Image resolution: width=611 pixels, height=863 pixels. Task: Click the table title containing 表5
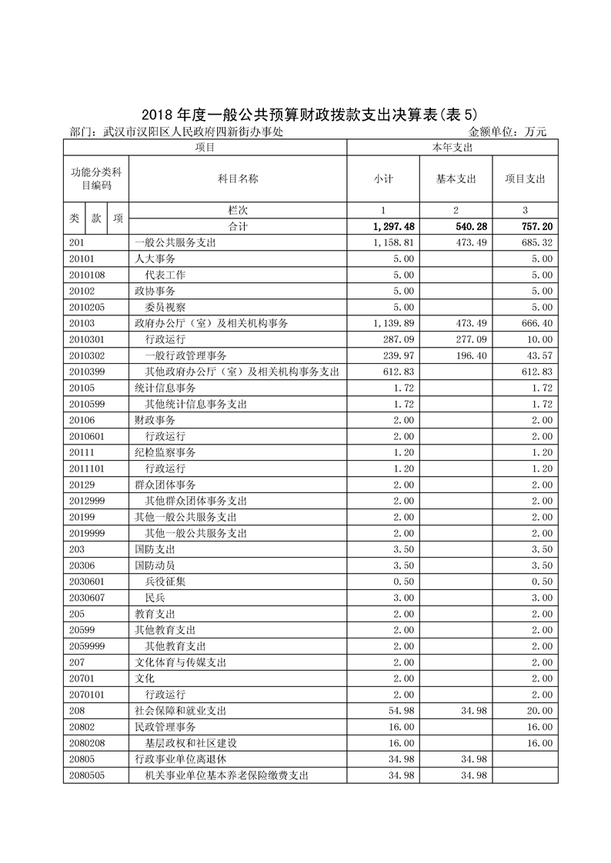305,114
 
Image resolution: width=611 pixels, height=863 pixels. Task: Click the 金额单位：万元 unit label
507,132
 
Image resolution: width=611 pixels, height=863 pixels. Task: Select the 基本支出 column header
456,178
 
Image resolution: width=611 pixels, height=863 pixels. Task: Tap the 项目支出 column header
525,178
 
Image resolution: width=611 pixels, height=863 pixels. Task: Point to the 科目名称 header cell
238,178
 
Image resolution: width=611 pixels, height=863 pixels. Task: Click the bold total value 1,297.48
392,226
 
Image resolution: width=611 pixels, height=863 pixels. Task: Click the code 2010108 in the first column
87,275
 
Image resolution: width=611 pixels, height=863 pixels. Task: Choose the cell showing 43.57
539,355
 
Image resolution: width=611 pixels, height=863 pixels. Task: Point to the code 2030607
87,597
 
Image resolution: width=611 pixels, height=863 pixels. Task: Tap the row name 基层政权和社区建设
191,743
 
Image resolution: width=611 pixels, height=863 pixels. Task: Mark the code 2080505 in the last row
87,775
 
